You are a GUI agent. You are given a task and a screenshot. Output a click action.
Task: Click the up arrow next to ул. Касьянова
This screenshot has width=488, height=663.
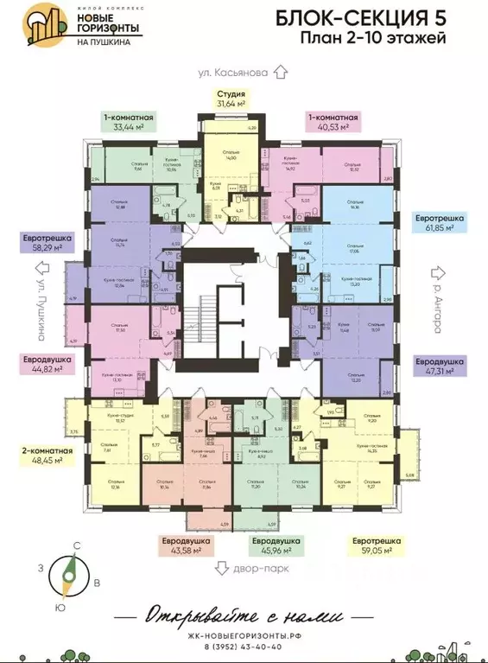click(x=279, y=73)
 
